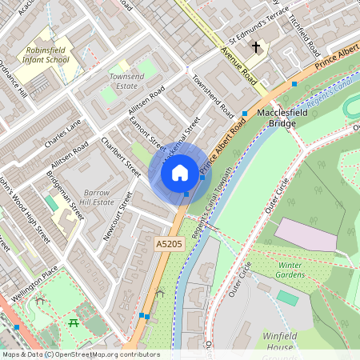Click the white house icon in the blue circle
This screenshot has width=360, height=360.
[180, 172]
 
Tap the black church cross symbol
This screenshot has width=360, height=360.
[256, 47]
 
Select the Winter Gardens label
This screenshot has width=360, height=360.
[290, 270]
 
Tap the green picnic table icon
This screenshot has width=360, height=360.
[73, 323]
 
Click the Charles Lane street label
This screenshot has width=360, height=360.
[63, 129]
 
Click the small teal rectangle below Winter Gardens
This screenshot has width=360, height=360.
[287, 298]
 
